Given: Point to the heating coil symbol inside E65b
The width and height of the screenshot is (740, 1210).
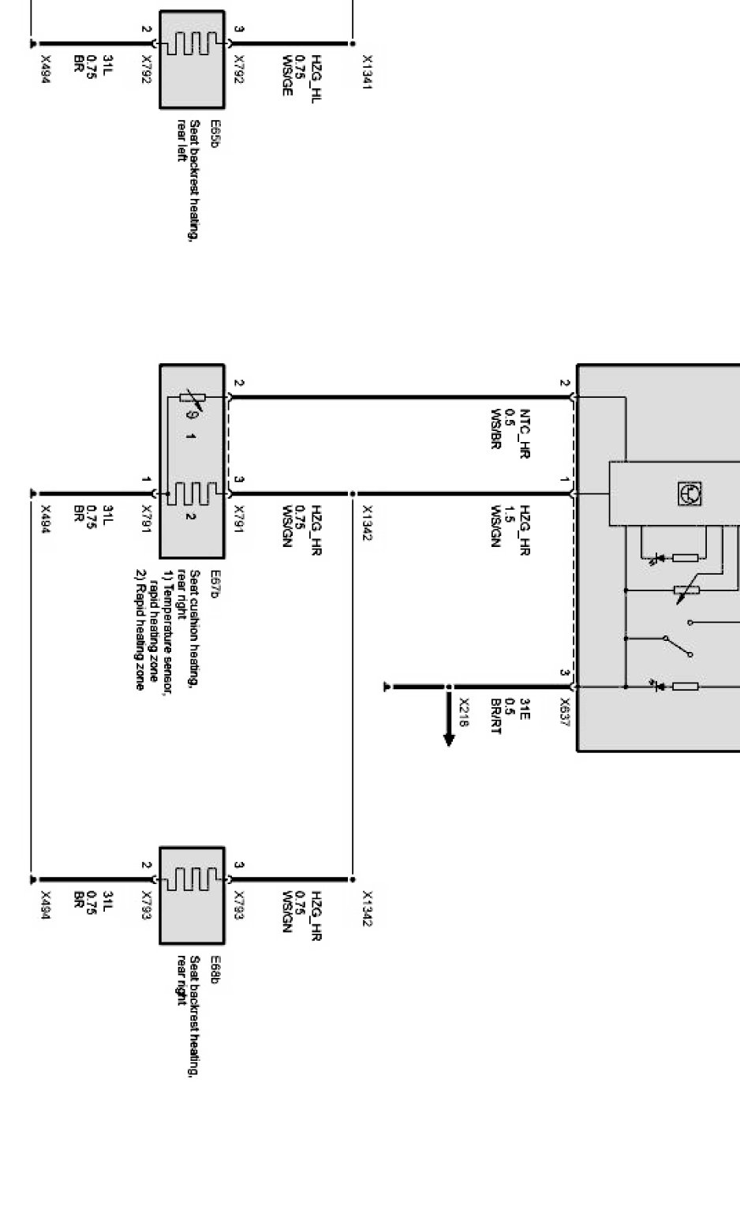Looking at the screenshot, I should click(192, 43).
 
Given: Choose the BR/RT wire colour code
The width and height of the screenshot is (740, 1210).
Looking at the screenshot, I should click(495, 717).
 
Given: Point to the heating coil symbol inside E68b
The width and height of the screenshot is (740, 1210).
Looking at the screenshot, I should click(192, 878).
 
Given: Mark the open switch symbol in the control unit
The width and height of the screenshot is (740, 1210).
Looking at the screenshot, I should click(678, 646).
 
